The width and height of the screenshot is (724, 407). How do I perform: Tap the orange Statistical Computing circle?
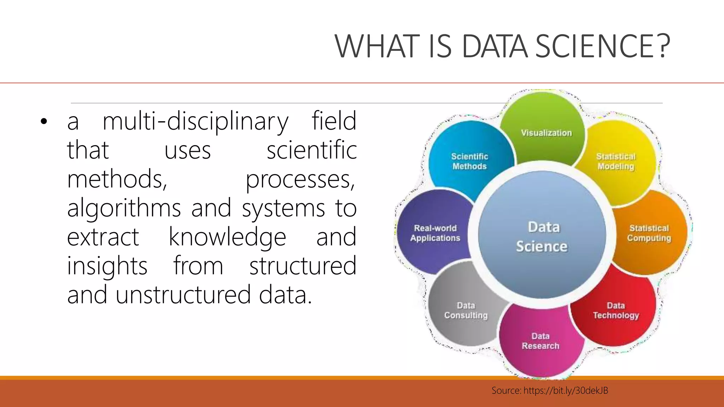(649, 233)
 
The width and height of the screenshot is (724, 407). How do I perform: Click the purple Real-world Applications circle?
(435, 233)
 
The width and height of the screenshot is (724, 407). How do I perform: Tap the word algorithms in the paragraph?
(124, 208)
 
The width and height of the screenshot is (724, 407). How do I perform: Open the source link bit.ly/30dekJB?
(566, 390)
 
